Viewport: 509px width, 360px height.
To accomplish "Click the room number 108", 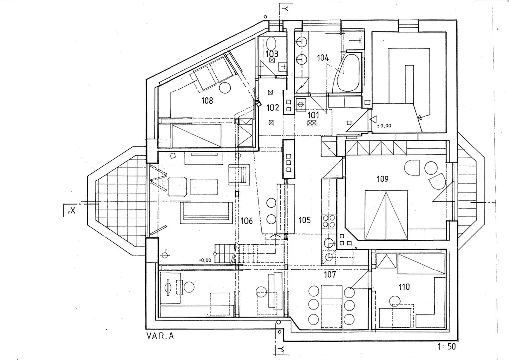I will point(207,101).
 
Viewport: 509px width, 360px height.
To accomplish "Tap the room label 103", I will point(272,53).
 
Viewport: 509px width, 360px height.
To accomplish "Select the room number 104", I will point(323,58).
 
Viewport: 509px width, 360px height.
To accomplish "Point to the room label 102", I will point(272,107).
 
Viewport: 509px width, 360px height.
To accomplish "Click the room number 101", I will point(312,115).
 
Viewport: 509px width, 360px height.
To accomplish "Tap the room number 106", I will point(247,220).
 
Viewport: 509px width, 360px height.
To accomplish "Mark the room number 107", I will point(330,274).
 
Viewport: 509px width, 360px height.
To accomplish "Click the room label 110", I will point(404,287).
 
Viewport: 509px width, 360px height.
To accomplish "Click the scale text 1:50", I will point(446,347).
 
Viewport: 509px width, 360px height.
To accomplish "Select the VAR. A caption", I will point(160,335).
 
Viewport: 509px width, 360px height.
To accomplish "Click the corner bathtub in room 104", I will point(347,73).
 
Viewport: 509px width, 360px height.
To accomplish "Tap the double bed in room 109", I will point(386,214).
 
